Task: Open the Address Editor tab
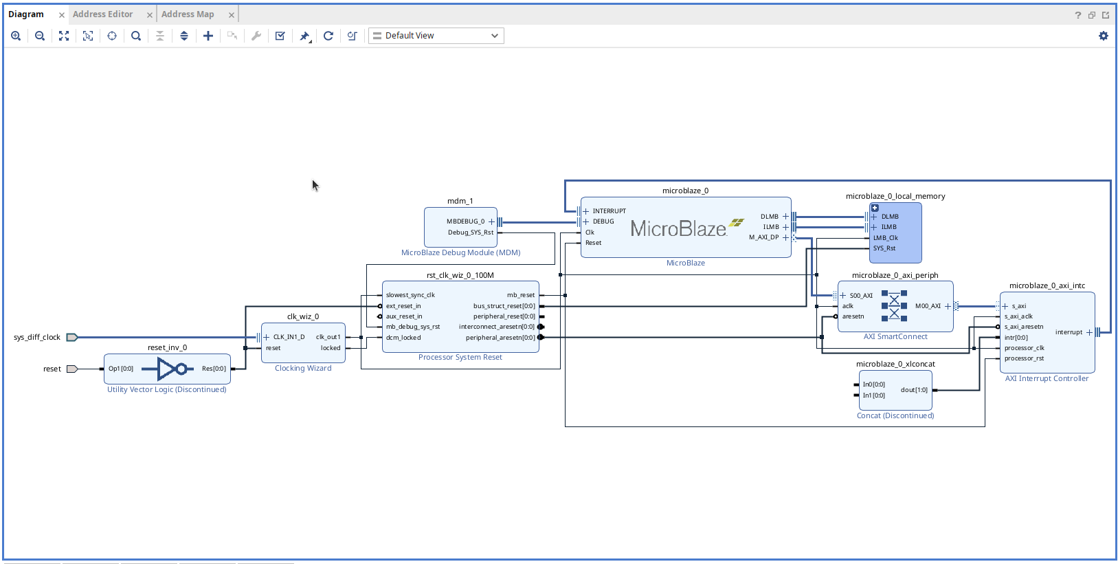(103, 14)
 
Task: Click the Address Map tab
(188, 14)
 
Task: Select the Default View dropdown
(436, 36)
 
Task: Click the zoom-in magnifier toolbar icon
(16, 36)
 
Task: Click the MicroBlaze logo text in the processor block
(678, 228)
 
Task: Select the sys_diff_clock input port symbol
(71, 337)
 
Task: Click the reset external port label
(52, 369)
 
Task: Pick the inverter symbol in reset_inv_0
(171, 369)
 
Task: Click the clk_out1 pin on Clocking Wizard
(328, 337)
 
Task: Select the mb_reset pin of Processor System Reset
(521, 295)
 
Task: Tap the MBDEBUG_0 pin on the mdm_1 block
(465, 221)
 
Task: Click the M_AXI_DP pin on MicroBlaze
(764, 237)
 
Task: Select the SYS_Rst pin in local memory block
(884, 248)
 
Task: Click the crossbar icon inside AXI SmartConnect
(894, 306)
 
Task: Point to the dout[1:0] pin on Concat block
(914, 390)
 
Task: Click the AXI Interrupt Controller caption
(1047, 378)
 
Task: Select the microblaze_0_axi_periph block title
(895, 275)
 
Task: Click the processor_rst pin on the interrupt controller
(1024, 358)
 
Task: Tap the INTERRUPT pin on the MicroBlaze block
(609, 211)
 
